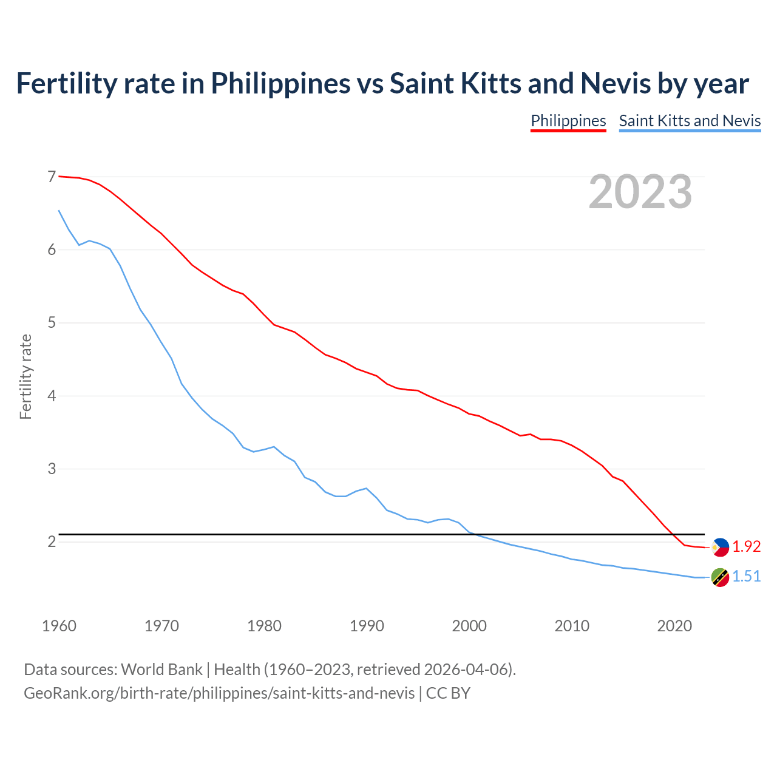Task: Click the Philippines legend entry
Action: coord(568,121)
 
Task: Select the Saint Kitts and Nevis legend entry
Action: coord(690,121)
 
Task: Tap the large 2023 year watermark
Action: coord(640,192)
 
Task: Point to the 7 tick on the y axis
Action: coord(52,177)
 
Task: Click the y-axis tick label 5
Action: coord(52,322)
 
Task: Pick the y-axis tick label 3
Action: coord(52,469)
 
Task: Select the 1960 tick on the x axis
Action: coord(59,626)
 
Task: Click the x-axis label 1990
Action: coord(367,626)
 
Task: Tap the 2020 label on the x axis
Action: coord(674,626)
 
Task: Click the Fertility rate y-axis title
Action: coord(25,376)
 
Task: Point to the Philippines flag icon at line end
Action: coord(720,547)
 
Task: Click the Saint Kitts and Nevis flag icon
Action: coord(720,577)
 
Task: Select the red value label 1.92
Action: coord(746,547)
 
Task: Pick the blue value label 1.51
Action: coord(746,577)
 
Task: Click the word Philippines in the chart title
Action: coord(280,84)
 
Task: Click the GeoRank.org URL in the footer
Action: coord(219,693)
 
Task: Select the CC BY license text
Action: coord(448,693)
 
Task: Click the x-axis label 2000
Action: coord(469,626)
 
